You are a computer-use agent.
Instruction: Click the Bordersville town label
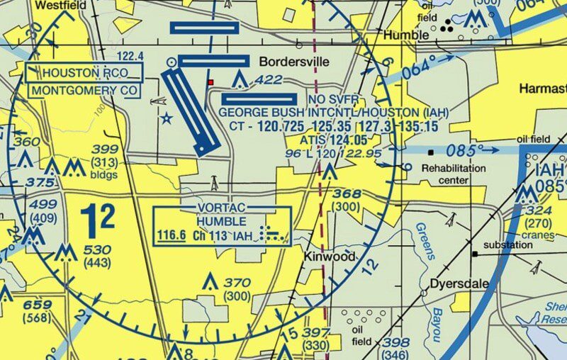294,62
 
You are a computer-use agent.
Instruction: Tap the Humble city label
406,35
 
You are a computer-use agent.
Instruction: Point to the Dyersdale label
459,283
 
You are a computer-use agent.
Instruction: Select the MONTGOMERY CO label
84,90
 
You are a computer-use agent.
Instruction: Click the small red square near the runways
210,83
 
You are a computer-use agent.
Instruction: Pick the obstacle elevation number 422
269,79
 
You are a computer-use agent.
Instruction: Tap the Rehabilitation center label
454,174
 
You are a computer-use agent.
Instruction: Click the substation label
507,245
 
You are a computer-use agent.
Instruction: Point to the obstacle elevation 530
97,250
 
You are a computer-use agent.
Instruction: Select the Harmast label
542,89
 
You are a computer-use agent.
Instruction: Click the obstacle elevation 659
38,305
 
